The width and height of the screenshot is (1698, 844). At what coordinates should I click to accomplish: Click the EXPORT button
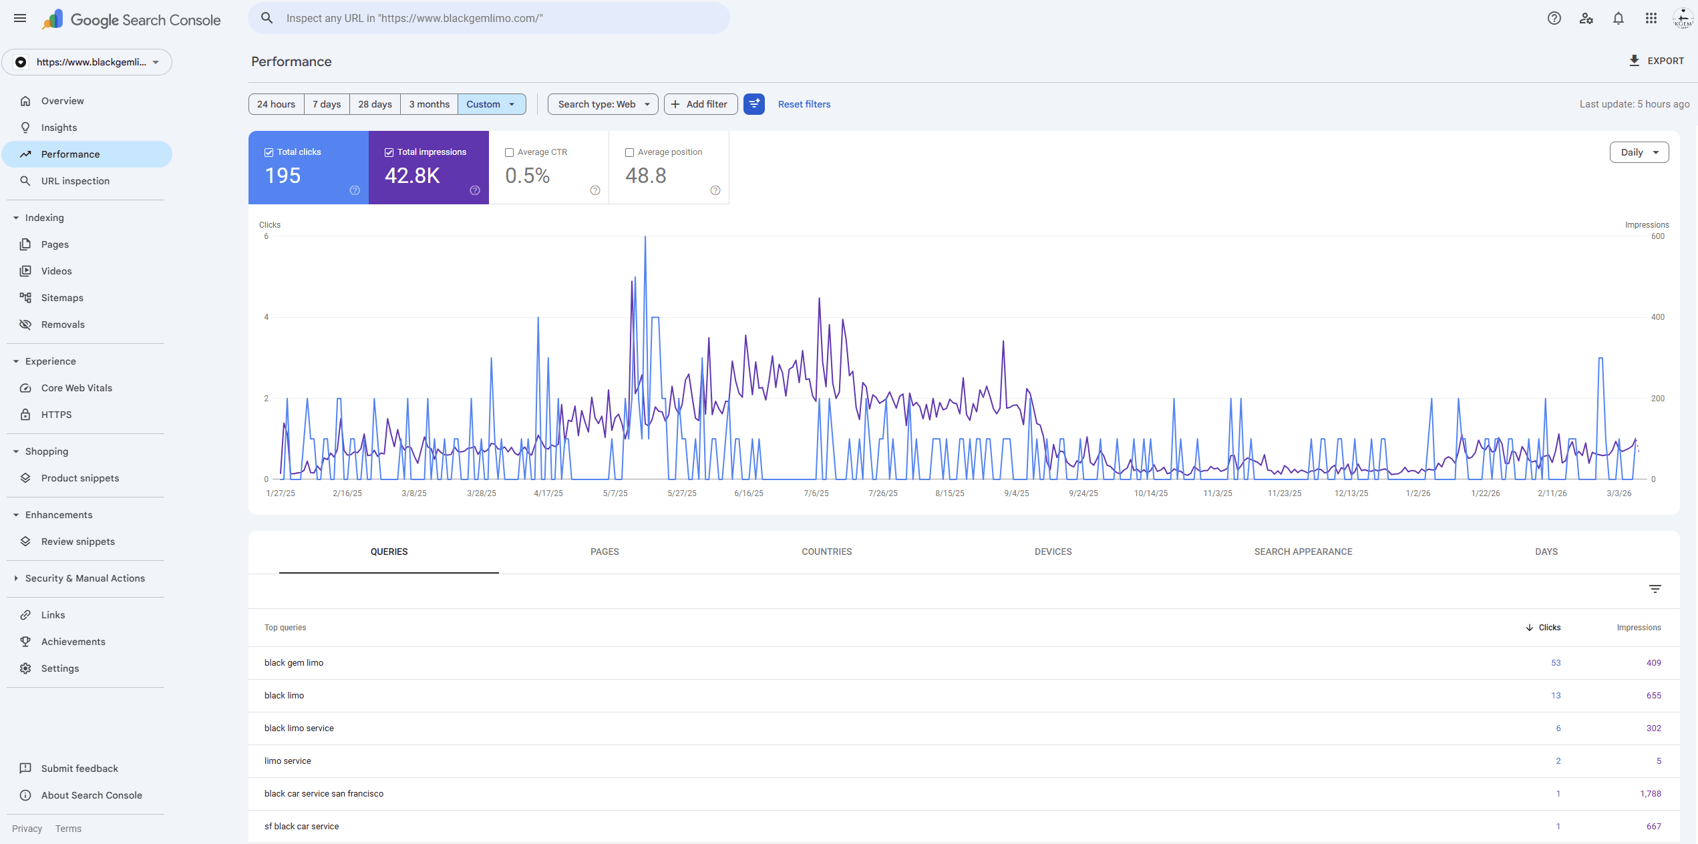coord(1657,61)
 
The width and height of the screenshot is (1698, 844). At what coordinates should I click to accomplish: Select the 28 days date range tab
coord(375,104)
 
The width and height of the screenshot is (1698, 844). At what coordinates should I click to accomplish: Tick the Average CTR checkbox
coord(510,152)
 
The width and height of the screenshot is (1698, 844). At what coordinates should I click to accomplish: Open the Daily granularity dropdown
coord(1639,152)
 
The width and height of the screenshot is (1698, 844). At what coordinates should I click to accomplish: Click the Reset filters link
coord(804,104)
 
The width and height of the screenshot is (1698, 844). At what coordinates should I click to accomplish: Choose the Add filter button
coord(700,104)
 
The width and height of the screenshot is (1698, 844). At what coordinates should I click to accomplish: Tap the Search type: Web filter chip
coord(603,104)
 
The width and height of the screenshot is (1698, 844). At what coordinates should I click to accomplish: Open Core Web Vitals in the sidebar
coord(77,388)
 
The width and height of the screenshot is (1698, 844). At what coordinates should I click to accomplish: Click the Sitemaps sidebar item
coord(62,298)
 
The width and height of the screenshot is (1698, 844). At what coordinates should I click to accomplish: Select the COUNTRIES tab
coord(826,552)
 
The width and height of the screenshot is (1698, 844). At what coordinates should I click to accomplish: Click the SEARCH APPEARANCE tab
coord(1303,552)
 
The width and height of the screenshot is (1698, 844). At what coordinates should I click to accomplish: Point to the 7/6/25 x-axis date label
coord(816,493)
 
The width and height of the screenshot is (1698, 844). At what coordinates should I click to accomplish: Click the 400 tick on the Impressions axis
coord(1657,317)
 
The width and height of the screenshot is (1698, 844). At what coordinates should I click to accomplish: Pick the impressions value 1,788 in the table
coord(1650,794)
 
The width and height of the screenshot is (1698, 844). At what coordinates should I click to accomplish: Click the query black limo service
coord(299,728)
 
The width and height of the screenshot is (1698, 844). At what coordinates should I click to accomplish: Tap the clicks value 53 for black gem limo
coord(1556,663)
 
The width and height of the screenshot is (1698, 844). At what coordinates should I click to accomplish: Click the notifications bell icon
coord(1618,19)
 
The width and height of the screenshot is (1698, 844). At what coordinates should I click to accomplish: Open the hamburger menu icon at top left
coord(20,19)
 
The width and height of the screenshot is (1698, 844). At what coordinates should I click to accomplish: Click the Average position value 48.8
coord(645,176)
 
